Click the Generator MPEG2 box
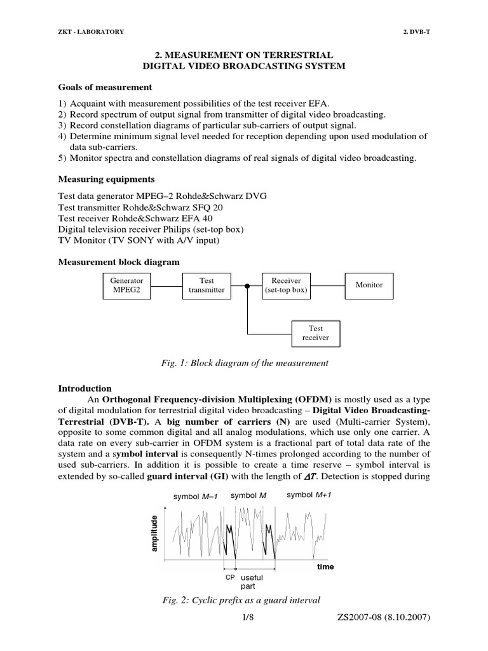[x=127, y=285]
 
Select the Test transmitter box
[x=207, y=285]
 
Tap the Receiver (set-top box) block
[x=286, y=285]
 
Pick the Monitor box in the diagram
[x=369, y=285]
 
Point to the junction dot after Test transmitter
[x=247, y=285]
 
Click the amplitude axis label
[x=153, y=533]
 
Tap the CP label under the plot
[x=229, y=577]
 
